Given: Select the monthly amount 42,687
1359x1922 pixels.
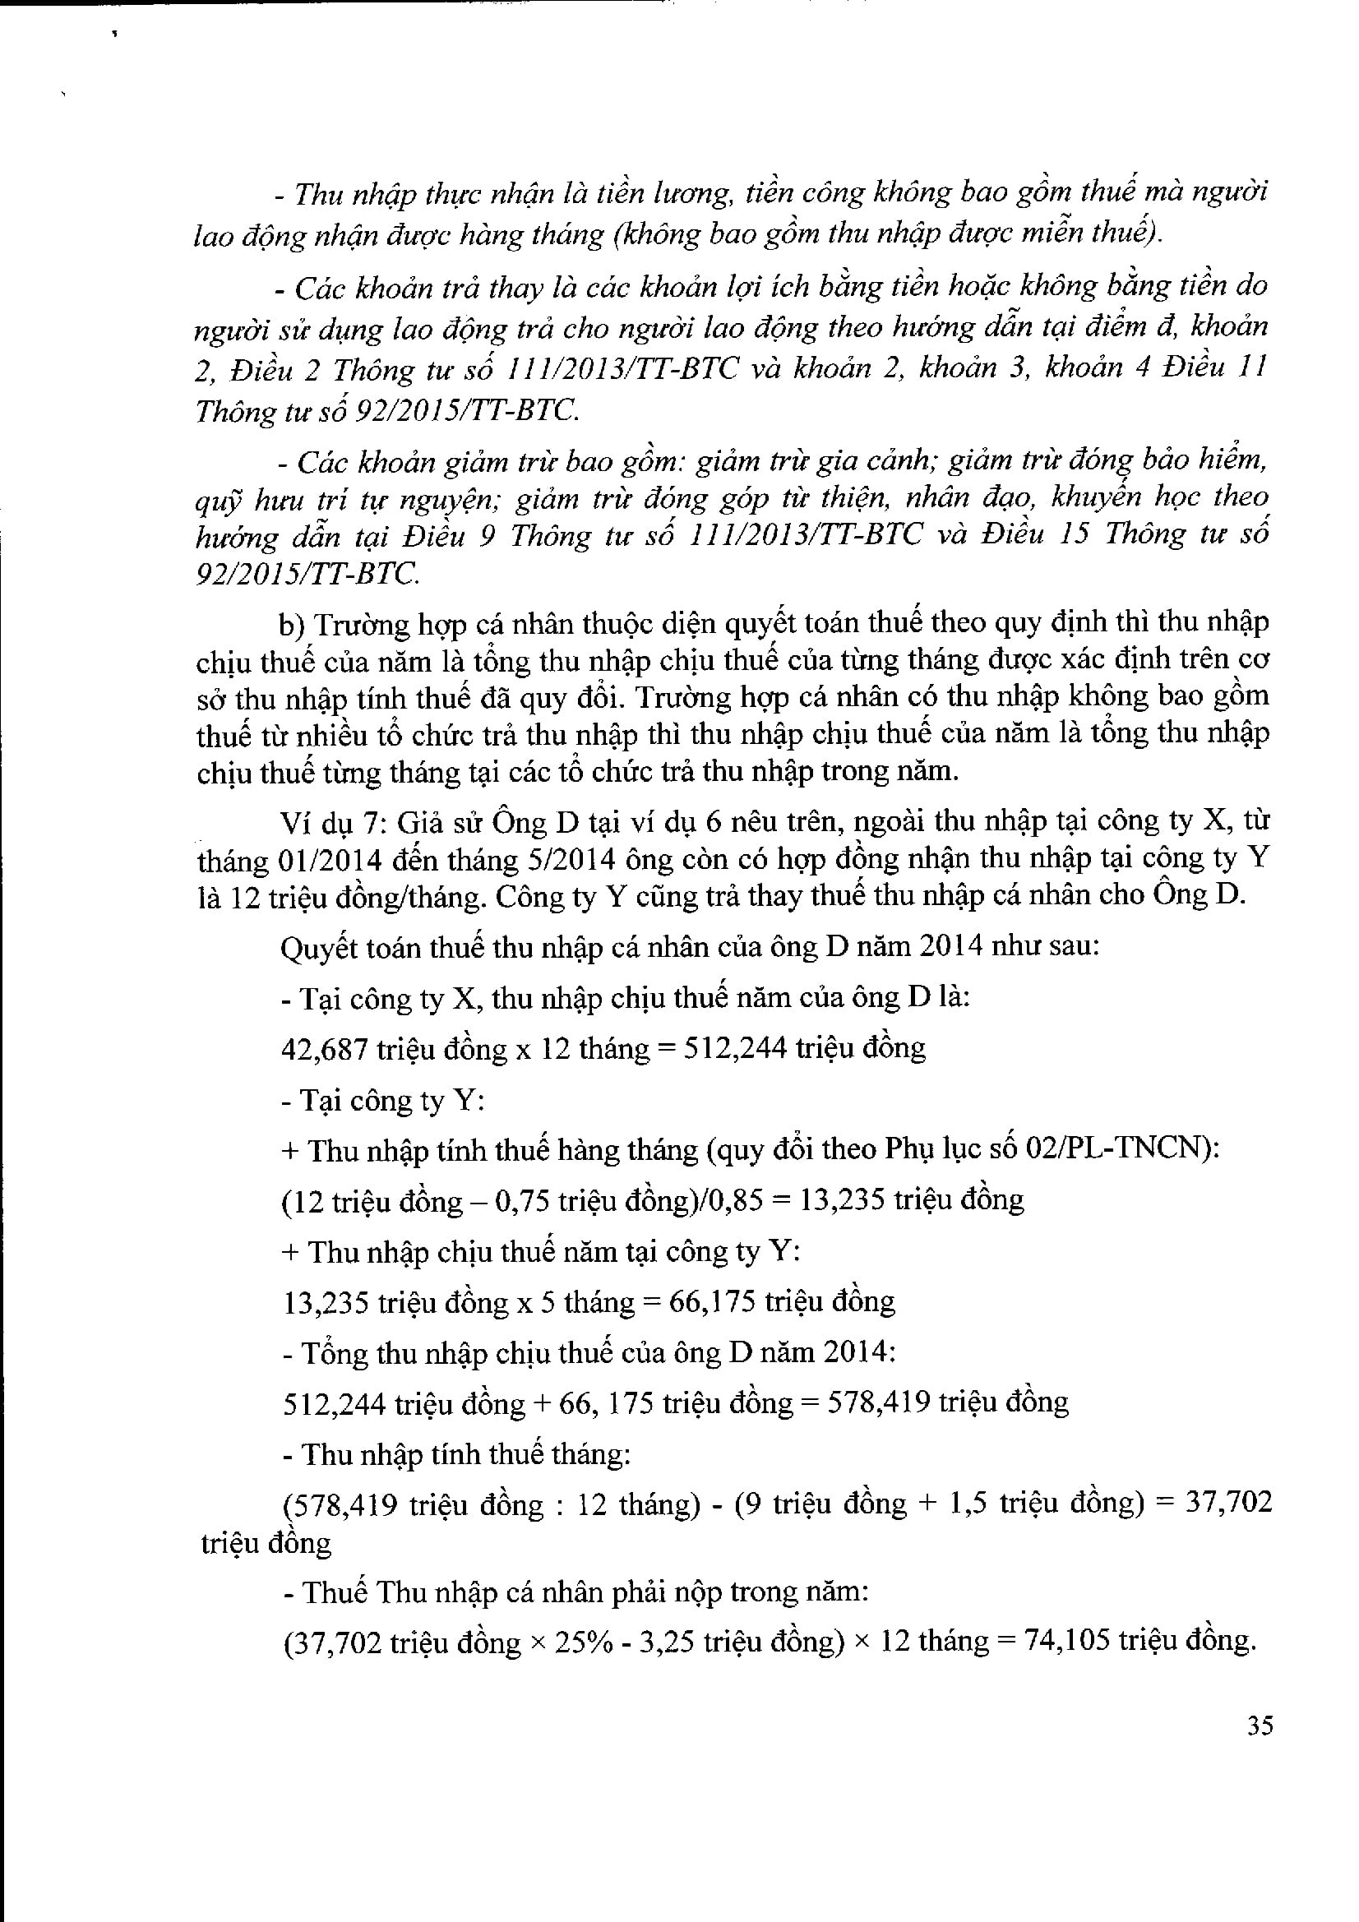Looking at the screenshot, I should click(325, 1048).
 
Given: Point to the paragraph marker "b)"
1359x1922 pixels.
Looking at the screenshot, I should click(294, 625).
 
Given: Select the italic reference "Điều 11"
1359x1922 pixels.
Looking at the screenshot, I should click(1214, 368).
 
